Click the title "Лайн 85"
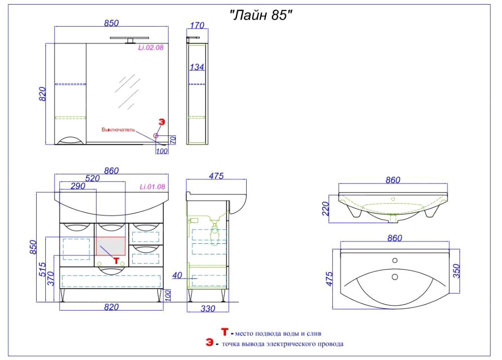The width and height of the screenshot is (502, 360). tap(261, 15)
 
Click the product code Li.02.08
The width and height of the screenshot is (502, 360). tap(151, 48)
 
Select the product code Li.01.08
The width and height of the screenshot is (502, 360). tap(152, 187)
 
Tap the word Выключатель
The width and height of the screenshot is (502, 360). tap(119, 130)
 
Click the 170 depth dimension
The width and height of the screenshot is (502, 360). tap(197, 25)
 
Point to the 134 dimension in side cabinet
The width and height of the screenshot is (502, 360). tap(196, 67)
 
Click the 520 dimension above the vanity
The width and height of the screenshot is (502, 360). tap(92, 178)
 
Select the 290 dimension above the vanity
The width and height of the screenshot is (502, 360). tap(78, 186)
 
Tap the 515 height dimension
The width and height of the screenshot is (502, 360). tap(43, 269)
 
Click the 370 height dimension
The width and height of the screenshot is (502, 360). tap(51, 279)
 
